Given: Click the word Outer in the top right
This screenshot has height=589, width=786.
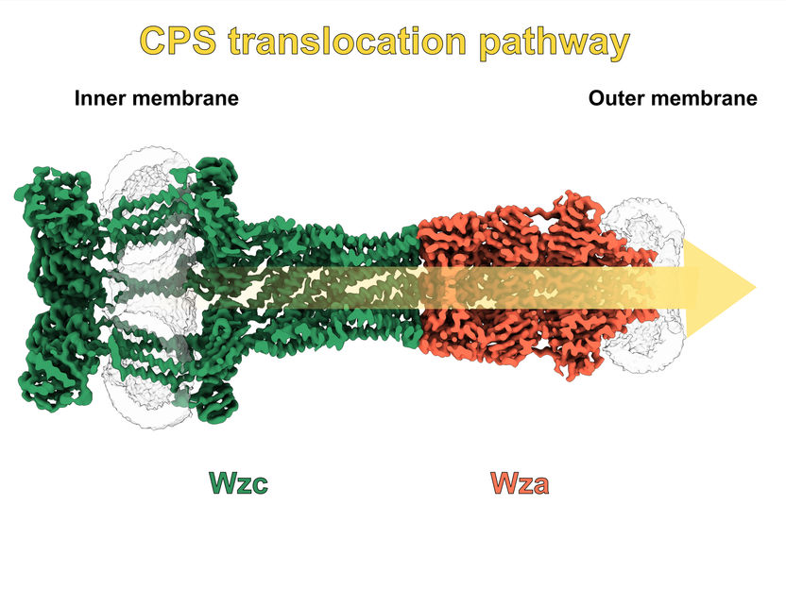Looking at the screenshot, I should [615, 98].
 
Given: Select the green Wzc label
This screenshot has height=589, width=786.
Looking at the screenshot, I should [238, 483].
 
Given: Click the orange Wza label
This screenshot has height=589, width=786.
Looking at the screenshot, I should [520, 483].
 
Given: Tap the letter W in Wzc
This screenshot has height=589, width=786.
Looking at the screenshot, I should [220, 483].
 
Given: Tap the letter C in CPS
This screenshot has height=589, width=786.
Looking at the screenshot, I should [155, 42].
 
